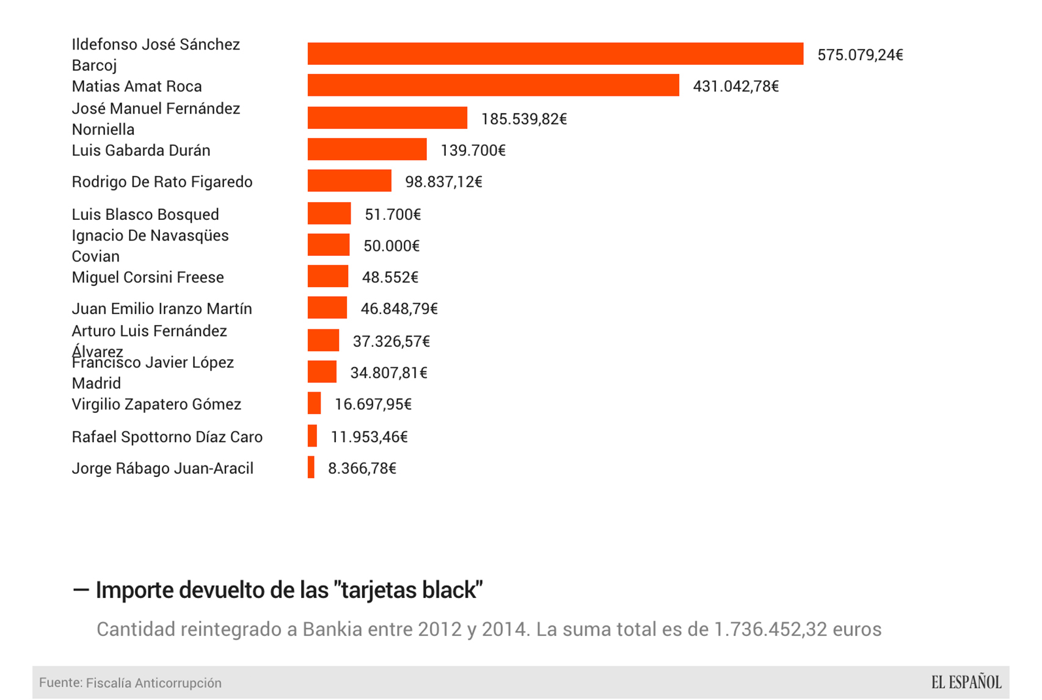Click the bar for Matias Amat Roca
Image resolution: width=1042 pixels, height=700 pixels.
click(493, 86)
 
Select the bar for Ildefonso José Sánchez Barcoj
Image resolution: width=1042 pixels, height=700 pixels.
click(555, 54)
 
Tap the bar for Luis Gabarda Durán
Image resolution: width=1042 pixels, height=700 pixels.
click(367, 150)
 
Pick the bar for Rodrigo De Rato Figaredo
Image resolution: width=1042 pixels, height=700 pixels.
click(349, 181)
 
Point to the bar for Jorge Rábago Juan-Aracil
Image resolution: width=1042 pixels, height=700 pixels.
click(312, 467)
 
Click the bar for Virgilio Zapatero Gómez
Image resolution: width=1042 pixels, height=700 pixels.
click(315, 403)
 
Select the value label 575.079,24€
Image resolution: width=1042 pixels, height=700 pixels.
click(860, 55)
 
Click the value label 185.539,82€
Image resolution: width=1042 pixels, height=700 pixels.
click(524, 118)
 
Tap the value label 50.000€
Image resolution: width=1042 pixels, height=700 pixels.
click(392, 246)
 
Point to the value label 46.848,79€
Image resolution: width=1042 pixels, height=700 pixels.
click(399, 308)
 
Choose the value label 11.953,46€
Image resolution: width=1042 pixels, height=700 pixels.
click(369, 437)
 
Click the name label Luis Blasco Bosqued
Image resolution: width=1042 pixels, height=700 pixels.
click(145, 214)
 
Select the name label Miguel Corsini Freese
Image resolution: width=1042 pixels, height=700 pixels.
click(148, 277)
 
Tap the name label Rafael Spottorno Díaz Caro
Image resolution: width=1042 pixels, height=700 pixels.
click(167, 437)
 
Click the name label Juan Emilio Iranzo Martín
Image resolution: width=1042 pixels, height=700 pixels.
click(162, 308)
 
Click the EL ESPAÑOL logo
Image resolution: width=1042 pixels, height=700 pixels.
click(966, 682)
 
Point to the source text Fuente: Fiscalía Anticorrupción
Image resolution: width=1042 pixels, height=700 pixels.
click(130, 683)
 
